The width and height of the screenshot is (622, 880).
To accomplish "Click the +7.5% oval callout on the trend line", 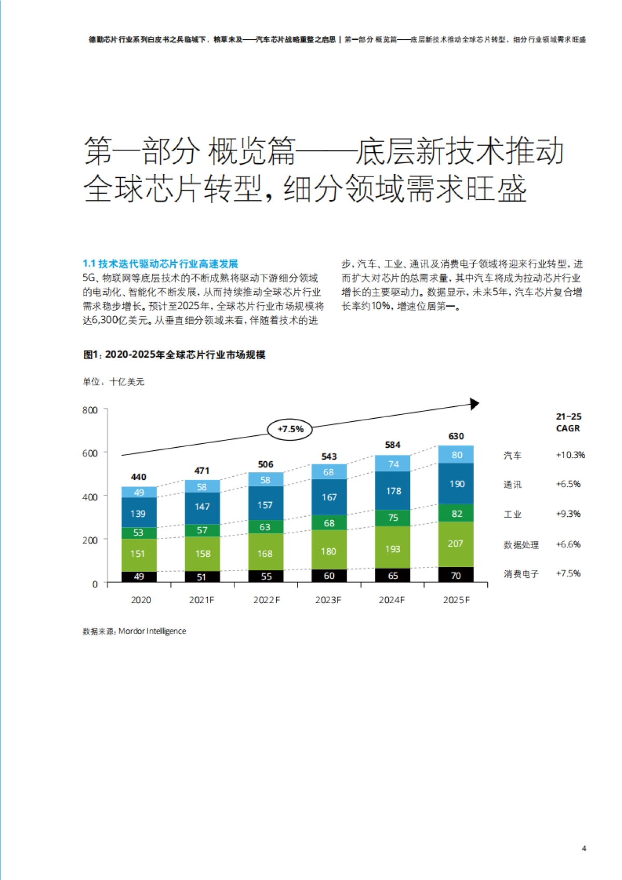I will pos(290,429).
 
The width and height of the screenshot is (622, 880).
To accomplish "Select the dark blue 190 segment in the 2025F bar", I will pos(456,484).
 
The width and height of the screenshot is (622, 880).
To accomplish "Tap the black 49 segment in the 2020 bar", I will pos(139,576).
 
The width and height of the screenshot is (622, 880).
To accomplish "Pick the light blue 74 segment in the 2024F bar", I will pos(392,464).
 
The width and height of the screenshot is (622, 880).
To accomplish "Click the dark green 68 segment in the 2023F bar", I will pos(329,523).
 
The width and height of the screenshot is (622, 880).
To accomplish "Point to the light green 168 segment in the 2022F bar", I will pos(265,553).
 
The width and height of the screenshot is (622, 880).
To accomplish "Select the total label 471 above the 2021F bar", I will pos(202,471).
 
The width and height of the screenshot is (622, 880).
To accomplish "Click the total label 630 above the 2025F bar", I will pos(456,436).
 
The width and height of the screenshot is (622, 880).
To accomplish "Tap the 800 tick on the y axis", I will pos(90,410).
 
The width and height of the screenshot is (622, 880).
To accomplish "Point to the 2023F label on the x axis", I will pos(328,600).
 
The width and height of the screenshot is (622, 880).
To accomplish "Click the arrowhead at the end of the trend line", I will pos(474,404).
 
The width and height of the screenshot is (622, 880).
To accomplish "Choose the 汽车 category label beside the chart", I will pos(512,455).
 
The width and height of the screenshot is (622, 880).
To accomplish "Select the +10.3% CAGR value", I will pos(570,455).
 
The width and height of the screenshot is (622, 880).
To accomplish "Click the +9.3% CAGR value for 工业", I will pos(568,514).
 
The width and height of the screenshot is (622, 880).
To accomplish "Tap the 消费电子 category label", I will pos(521,574).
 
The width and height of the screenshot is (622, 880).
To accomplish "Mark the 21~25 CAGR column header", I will pos(568,422).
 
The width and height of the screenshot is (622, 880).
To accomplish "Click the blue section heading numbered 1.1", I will pos(160,264).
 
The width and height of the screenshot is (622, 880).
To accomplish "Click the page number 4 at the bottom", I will pos(584,848).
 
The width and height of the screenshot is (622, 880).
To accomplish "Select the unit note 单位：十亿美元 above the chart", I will pos(114,382).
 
